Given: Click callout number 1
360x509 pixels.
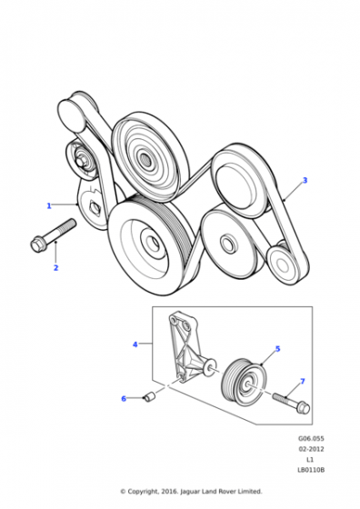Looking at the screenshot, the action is point(49,205).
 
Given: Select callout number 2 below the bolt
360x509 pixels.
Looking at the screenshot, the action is point(55,268).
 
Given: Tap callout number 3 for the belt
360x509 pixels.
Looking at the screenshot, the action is point(305,181).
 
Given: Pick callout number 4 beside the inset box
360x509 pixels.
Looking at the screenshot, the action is point(135,344).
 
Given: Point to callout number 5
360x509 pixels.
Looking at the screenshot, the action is point(277,349).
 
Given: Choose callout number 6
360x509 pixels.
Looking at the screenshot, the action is point(124,399).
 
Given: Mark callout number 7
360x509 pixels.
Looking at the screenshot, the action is point(303,381).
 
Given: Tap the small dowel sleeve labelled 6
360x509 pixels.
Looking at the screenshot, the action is point(149,397).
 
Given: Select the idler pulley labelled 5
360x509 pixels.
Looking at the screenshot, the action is point(244,382).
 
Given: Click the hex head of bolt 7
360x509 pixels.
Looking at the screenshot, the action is point(304,407).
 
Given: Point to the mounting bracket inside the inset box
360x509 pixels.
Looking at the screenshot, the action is point(188,348).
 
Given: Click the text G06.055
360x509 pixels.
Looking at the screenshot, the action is point(311,438).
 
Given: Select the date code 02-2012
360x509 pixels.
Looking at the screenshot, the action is point(311,449).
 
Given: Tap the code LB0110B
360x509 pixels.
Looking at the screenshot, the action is point(311,470).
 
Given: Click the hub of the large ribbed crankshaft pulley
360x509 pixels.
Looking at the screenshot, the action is point(151,242).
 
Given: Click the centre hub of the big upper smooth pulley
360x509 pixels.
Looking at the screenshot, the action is point(146,159).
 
